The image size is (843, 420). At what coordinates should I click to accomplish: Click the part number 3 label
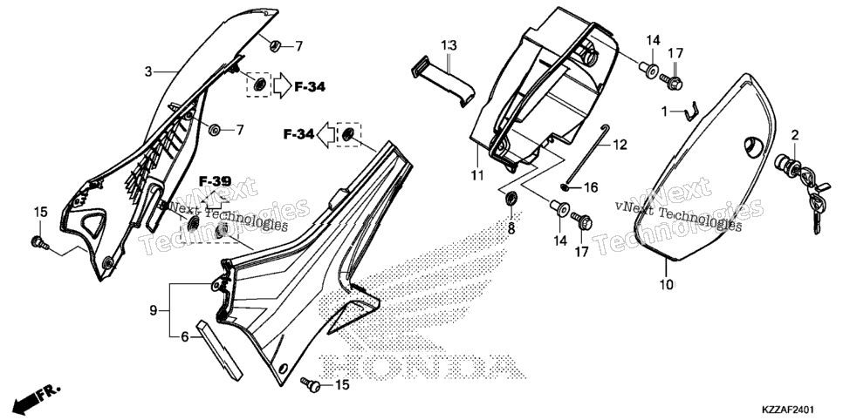tap(148, 71)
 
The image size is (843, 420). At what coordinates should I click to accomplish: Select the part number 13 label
tap(449, 45)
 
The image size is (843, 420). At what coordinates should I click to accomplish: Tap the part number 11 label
tap(476, 175)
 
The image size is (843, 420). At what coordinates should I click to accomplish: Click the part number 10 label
tap(666, 285)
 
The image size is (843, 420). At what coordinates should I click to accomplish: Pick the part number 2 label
tap(795, 135)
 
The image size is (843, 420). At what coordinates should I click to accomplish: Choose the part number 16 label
tap(590, 187)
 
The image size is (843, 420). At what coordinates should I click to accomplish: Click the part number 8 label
tap(511, 229)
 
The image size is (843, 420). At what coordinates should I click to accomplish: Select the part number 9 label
tap(154, 310)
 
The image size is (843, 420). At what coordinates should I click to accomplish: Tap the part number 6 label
tap(184, 336)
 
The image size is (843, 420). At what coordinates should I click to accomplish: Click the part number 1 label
tap(664, 112)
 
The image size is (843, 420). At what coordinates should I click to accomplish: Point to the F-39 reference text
tap(215, 181)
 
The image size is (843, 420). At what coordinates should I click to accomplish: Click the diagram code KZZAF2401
tap(798, 409)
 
